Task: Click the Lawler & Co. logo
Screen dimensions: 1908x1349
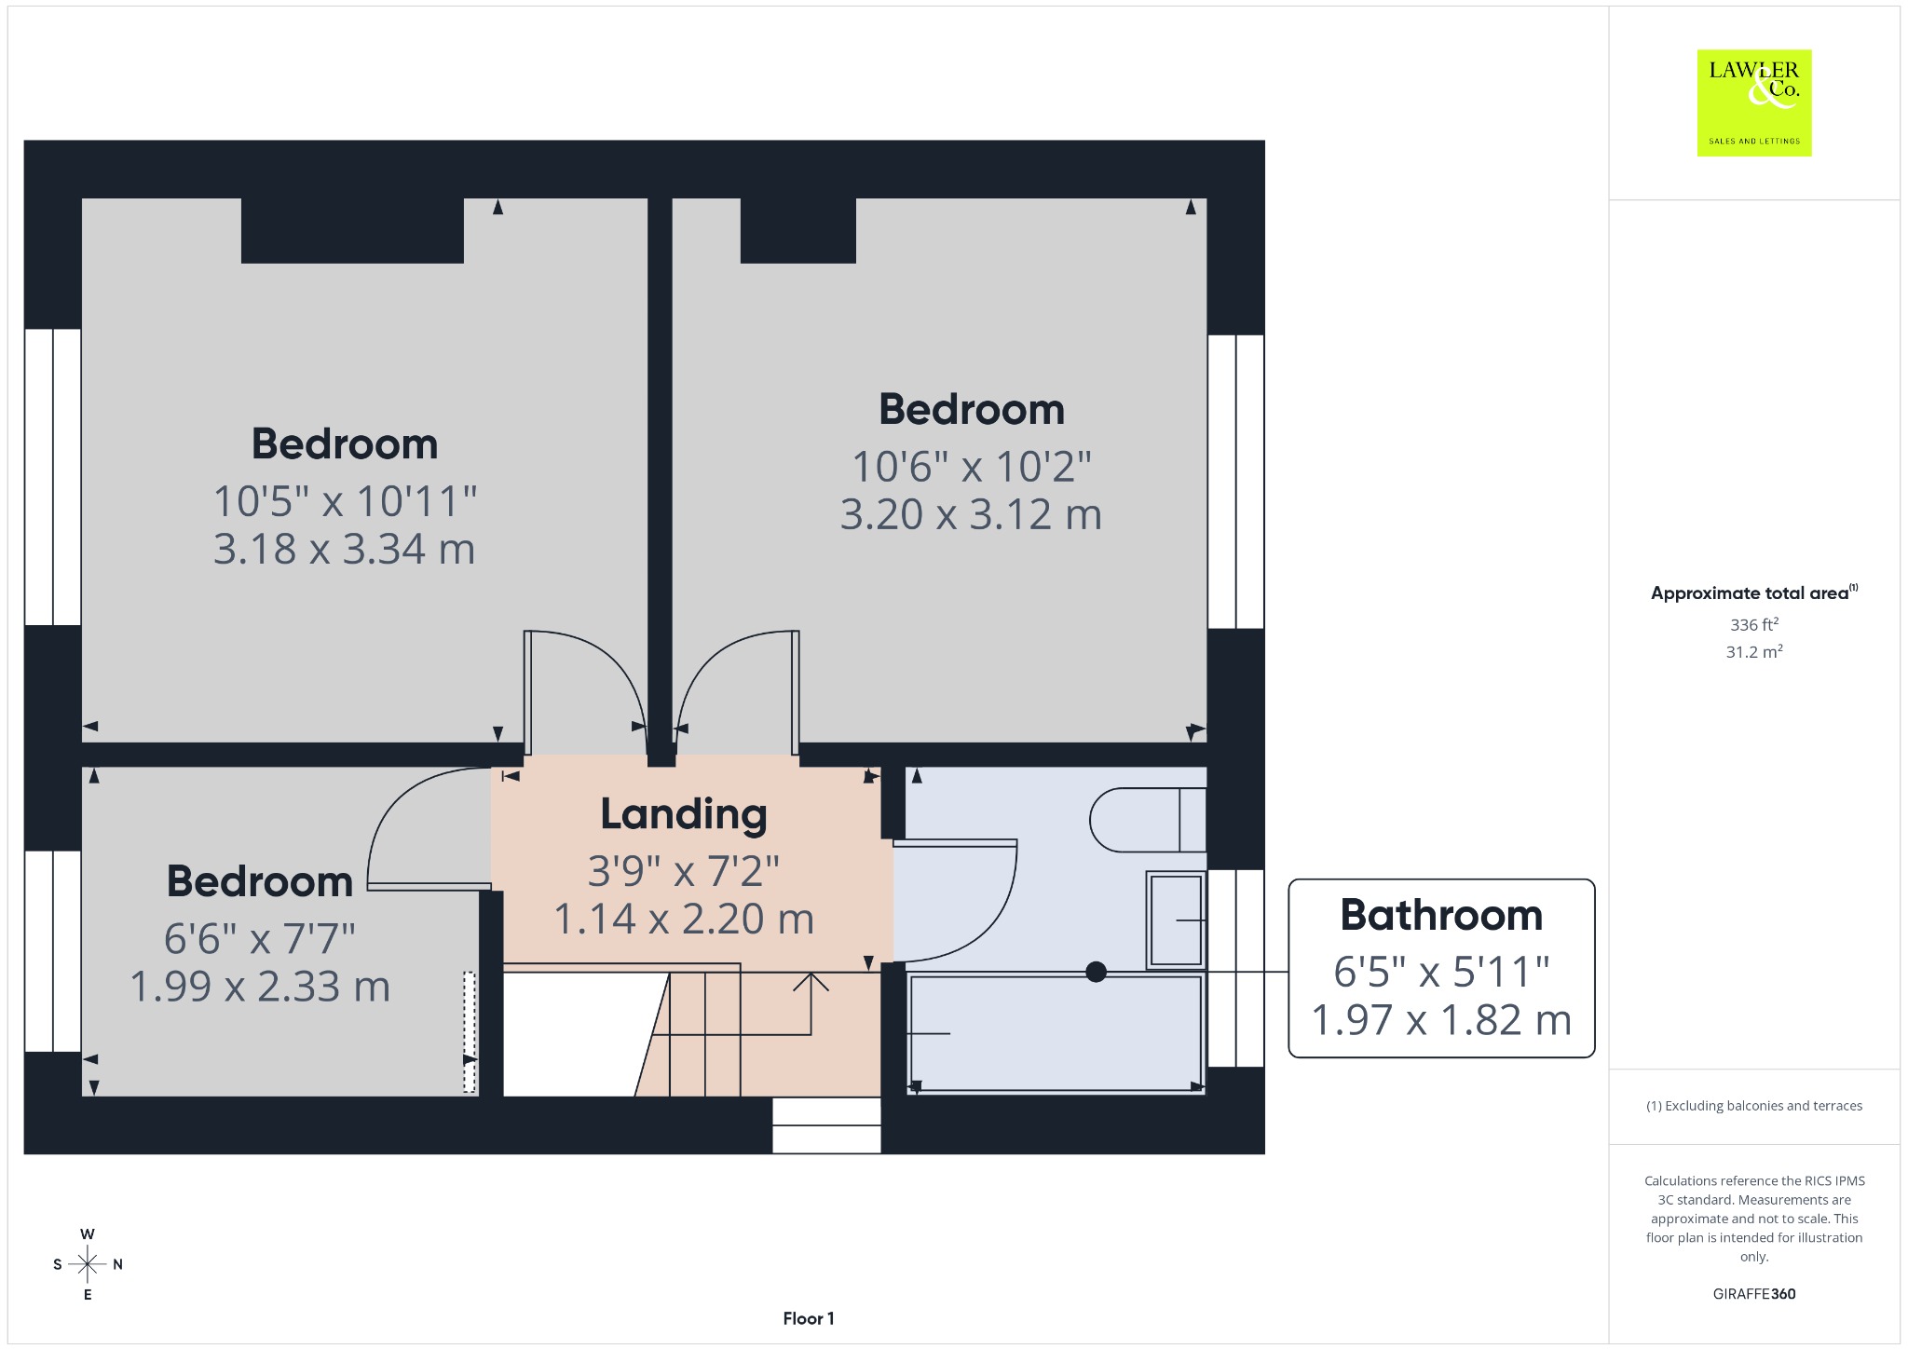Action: click(1754, 102)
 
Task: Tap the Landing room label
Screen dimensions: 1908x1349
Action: click(684, 814)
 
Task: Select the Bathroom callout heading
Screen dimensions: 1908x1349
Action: click(1441, 915)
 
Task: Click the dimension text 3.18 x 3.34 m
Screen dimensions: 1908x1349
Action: click(344, 550)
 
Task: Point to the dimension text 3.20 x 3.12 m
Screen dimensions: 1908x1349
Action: click(971, 514)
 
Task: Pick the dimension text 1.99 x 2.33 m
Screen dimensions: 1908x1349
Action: click(260, 987)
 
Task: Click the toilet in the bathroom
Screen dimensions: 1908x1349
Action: click(1148, 820)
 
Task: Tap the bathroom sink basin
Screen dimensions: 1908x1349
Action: click(1176, 920)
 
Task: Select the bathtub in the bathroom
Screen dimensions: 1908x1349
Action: click(1056, 1032)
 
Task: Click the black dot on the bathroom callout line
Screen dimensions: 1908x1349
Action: click(1097, 972)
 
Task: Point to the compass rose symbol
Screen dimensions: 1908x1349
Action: click(88, 1264)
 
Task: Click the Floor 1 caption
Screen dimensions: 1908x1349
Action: click(809, 1318)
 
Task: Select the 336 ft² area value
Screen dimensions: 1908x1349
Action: click(1754, 624)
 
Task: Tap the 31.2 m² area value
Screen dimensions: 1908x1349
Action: click(1754, 651)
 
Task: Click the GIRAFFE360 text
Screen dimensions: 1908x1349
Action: click(1754, 1293)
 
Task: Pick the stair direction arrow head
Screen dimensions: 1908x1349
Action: click(811, 979)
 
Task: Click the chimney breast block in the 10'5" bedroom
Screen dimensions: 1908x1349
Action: click(352, 230)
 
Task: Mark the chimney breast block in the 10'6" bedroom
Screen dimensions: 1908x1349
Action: click(798, 230)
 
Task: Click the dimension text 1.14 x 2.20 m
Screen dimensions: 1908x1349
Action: click(684, 920)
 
